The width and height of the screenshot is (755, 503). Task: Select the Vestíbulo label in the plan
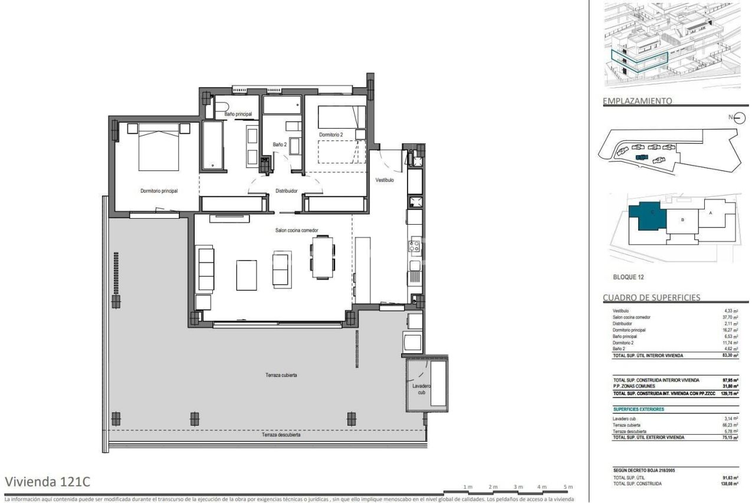(385, 180)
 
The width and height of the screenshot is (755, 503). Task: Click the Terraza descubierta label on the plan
(281, 435)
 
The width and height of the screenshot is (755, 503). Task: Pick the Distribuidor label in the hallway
(286, 191)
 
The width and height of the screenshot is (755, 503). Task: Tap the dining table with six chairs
(323, 257)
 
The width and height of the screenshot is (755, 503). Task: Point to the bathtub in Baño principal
(213, 145)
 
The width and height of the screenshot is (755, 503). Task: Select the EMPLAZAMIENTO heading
(636, 101)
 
